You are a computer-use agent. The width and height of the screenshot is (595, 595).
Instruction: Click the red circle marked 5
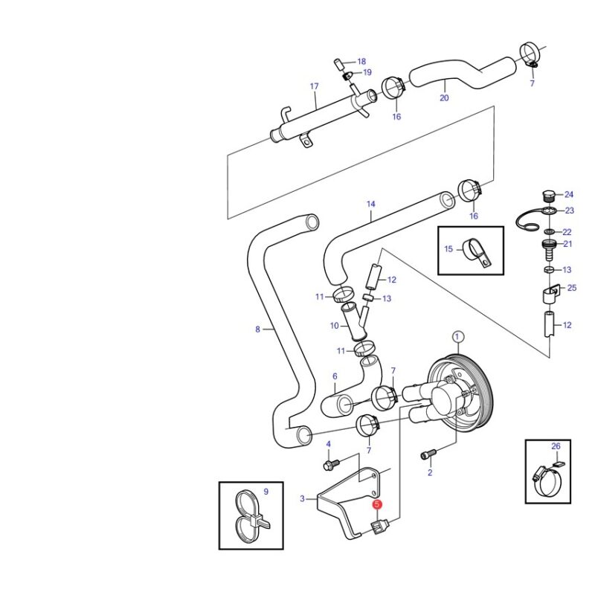pyautogui.click(x=377, y=504)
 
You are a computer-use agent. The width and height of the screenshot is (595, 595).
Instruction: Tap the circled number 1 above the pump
pyautogui.click(x=457, y=337)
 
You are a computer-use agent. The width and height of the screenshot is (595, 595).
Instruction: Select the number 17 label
pyautogui.click(x=314, y=86)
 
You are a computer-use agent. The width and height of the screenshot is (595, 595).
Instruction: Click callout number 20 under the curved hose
pyautogui.click(x=444, y=98)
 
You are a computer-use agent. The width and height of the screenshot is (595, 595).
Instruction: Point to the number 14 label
pyautogui.click(x=370, y=204)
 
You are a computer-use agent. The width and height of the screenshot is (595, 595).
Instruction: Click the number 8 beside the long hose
pyautogui.click(x=257, y=329)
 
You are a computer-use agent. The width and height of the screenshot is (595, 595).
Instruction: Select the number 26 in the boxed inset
pyautogui.click(x=556, y=446)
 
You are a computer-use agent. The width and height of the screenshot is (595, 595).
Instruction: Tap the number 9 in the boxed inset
pyautogui.click(x=266, y=492)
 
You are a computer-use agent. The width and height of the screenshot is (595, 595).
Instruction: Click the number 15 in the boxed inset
pyautogui.click(x=448, y=249)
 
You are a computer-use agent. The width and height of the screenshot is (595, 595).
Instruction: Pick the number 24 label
pyautogui.click(x=569, y=195)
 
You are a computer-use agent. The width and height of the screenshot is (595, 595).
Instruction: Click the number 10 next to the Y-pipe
pyautogui.click(x=334, y=326)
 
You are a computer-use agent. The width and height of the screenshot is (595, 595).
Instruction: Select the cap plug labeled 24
pyautogui.click(x=547, y=196)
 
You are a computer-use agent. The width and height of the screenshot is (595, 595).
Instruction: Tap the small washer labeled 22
pyautogui.click(x=548, y=231)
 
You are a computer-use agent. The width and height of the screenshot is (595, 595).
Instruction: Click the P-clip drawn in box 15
pyautogui.click(x=477, y=251)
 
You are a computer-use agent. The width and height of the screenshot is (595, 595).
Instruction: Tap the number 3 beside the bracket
pyautogui.click(x=302, y=498)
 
